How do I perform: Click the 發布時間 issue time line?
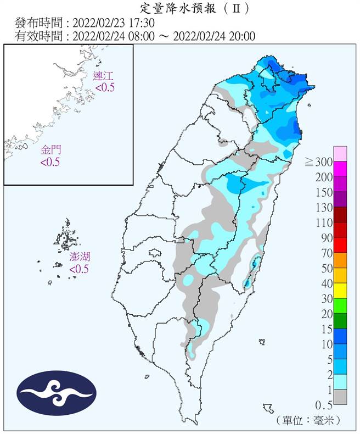(85, 23)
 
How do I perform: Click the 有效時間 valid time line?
(135, 36)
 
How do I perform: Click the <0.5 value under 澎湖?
(79, 269)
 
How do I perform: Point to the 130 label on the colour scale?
(322, 207)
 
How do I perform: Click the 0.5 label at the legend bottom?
(323, 405)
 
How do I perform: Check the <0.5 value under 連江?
(104, 87)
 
